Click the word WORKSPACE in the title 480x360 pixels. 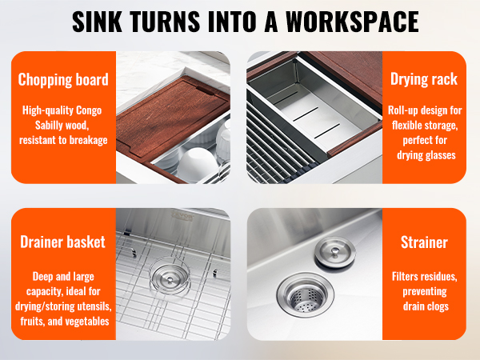pyautogui.click(x=352, y=22)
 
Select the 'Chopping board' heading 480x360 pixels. pyautogui.click(x=63, y=79)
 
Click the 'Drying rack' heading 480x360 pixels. pyautogui.click(x=424, y=79)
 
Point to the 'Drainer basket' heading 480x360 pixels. pyautogui.click(x=62, y=242)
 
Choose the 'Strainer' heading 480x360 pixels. pyautogui.click(x=424, y=242)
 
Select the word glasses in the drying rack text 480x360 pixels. pyautogui.click(x=440, y=155)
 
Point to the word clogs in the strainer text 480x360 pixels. pyautogui.click(x=438, y=306)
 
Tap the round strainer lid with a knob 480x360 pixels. pyautogui.click(x=335, y=253)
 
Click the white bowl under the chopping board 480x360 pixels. pyautogui.click(x=198, y=165)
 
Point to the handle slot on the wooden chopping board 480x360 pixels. pyautogui.click(x=206, y=90)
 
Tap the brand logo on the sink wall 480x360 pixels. pyautogui.click(x=182, y=216)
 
